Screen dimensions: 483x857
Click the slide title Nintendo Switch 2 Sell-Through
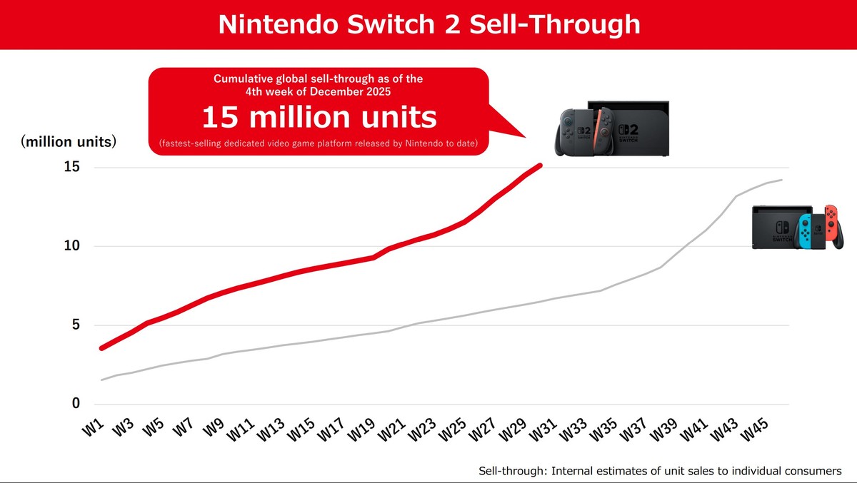[428, 24]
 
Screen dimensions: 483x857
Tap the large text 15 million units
[319, 118]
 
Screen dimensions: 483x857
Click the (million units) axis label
[69, 142]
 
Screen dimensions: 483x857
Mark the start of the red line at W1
[102, 348]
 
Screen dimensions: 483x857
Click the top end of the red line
[541, 165]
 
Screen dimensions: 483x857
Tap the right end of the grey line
[783, 180]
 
